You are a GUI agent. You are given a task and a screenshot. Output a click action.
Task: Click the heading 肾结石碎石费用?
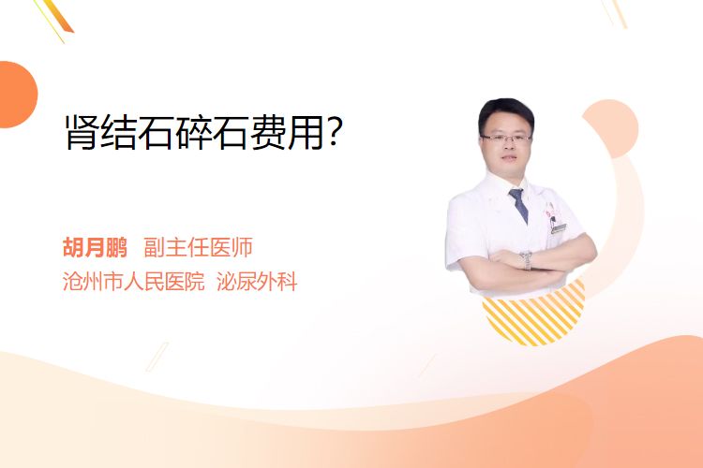coord(204,132)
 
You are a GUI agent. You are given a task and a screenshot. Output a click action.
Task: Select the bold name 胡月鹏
coord(95,247)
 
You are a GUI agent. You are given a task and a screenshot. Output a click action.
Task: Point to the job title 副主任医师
coord(198,247)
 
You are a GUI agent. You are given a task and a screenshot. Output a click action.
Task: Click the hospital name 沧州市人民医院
coord(134,282)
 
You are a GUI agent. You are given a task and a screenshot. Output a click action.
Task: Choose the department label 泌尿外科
coord(257,282)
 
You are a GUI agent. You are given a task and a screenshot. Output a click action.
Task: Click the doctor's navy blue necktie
coord(518,205)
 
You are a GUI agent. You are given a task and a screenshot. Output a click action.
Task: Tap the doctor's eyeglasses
coord(506,138)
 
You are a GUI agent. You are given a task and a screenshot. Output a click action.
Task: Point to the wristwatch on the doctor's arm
coord(527,260)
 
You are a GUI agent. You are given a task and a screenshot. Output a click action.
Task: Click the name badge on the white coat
coord(559,228)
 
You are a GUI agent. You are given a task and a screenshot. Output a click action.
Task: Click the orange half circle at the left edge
coord(18,95)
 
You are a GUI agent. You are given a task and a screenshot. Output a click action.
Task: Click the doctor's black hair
coord(506,111)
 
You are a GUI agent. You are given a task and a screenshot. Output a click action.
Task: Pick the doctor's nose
coord(508,146)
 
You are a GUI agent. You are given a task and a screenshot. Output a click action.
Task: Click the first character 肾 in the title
coord(82,132)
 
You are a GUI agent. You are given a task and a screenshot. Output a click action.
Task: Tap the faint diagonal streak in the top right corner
coord(614,13)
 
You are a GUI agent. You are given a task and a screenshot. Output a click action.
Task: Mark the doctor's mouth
coord(509,158)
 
